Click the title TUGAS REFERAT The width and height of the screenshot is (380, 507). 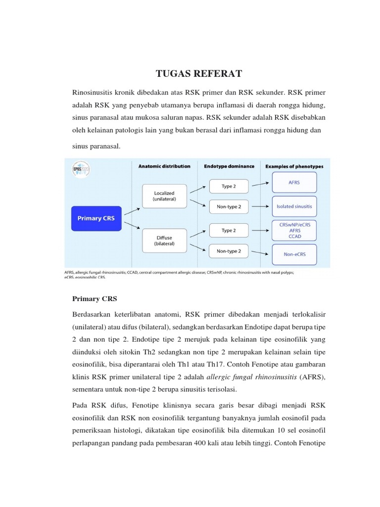tap(199, 74)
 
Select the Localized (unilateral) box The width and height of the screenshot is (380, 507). tap(164, 196)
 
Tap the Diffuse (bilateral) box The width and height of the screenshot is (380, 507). tap(164, 241)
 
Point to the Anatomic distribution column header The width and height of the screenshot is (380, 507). tap(164, 166)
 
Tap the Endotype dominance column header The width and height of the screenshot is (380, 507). tap(229, 166)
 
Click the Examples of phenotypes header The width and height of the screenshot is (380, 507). tap(294, 166)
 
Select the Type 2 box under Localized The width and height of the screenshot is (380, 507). tap(229, 186)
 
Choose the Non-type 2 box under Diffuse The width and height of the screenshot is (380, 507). tap(229, 251)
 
